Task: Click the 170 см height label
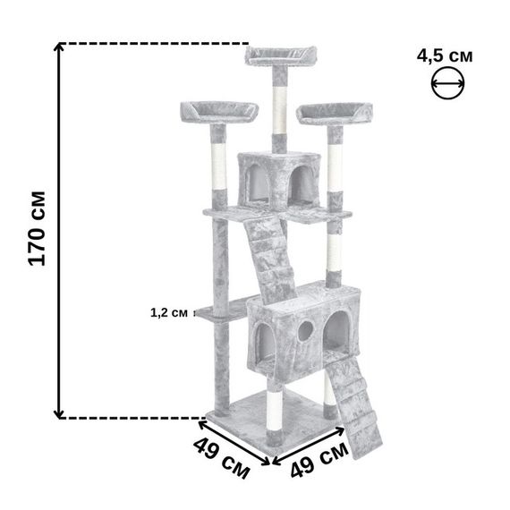(x=37, y=229)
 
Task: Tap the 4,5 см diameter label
(x=445, y=56)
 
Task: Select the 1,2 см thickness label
(x=169, y=313)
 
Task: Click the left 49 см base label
(x=221, y=459)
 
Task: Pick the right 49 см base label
(x=319, y=459)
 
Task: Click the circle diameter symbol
(x=448, y=83)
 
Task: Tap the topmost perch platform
(x=281, y=56)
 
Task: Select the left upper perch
(x=219, y=112)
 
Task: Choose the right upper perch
(x=335, y=114)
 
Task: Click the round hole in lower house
(x=306, y=330)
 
